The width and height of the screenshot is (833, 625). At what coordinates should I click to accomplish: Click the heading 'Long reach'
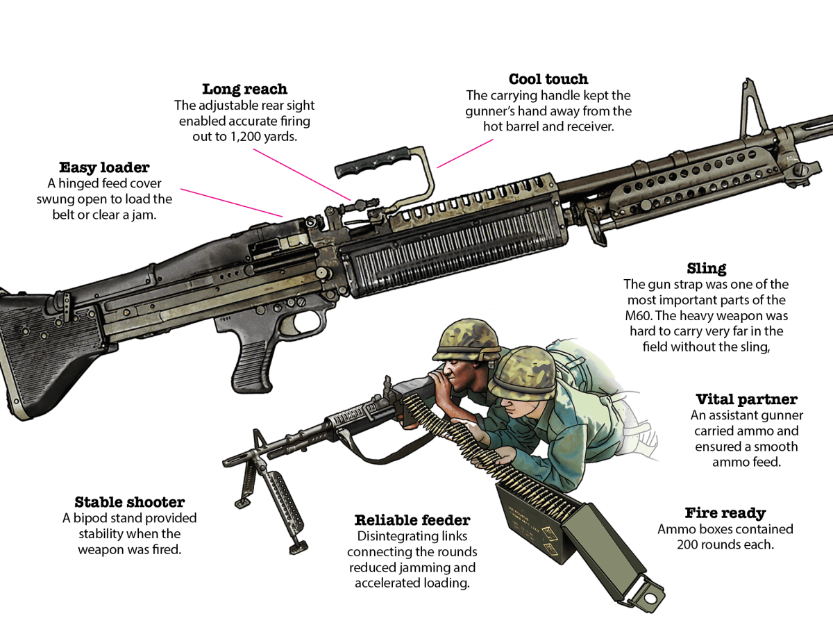(x=244, y=89)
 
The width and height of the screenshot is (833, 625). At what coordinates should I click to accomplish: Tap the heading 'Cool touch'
(x=548, y=79)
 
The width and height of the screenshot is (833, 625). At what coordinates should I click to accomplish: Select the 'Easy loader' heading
(x=104, y=167)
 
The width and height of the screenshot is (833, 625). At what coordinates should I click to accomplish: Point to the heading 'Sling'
(x=707, y=268)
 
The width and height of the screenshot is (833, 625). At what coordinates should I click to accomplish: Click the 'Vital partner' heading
(x=746, y=399)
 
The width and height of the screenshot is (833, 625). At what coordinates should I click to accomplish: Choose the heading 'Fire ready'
(x=725, y=513)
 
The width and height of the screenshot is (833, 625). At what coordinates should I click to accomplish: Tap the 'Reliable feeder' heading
(x=412, y=520)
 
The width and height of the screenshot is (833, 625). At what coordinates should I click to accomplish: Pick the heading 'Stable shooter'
(x=130, y=502)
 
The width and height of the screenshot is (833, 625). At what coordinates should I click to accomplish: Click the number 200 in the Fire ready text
(x=691, y=544)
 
